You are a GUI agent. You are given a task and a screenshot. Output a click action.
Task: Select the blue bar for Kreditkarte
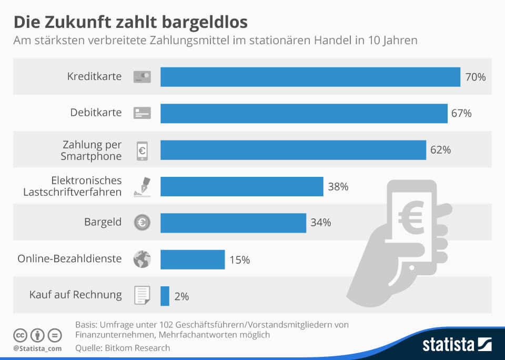click(x=310, y=77)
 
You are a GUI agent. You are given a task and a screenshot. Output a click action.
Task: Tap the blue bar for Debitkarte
click(x=304, y=113)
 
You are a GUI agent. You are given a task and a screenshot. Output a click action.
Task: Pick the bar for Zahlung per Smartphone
click(x=293, y=150)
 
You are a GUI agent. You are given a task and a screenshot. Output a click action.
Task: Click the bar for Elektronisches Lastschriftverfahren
click(x=241, y=186)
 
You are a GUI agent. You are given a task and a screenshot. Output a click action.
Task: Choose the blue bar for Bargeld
click(x=233, y=223)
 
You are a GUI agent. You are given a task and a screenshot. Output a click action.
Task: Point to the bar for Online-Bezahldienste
click(x=193, y=259)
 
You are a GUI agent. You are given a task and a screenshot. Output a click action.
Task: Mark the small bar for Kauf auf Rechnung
click(x=165, y=296)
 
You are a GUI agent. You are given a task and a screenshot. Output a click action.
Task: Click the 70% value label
click(x=475, y=77)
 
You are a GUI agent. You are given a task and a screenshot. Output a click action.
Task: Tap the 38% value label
click(x=338, y=186)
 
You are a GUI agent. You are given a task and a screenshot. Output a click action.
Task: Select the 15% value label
click(x=239, y=259)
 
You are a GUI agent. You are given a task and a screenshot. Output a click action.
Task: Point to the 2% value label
click(x=181, y=296)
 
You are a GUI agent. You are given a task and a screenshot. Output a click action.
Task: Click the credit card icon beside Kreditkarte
click(x=142, y=77)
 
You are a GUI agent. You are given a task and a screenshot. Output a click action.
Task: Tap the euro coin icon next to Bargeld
click(x=142, y=223)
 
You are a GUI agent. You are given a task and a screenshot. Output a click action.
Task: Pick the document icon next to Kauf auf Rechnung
click(x=142, y=296)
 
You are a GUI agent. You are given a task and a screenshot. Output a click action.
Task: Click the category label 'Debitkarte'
click(x=96, y=113)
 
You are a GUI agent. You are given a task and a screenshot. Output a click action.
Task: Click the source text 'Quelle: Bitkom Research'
click(x=123, y=347)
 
